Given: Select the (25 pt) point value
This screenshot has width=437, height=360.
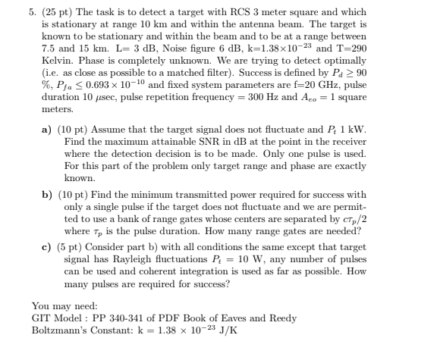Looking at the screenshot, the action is pos(55,14).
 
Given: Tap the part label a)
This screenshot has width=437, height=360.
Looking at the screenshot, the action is pos(46,130).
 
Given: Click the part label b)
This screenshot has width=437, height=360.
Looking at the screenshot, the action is pos(46,194).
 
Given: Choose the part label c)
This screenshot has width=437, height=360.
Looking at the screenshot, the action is pos(46,247).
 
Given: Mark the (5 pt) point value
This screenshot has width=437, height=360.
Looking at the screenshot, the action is pos(71,247).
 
